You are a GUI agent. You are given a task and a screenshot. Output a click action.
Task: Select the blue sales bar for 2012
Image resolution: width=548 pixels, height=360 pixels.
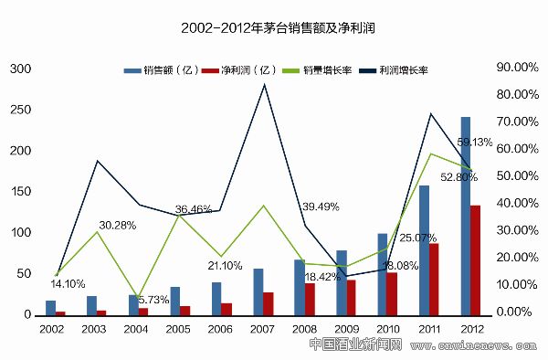466,216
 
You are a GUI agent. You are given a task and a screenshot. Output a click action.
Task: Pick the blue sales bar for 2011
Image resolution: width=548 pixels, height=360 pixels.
424,249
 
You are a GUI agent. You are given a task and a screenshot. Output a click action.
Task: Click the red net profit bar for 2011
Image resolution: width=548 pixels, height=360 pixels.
434,279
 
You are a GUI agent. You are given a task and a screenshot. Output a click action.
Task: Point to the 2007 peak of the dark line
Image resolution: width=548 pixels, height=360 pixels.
265,85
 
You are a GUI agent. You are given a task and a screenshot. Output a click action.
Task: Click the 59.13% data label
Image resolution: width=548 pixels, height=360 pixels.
475,142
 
